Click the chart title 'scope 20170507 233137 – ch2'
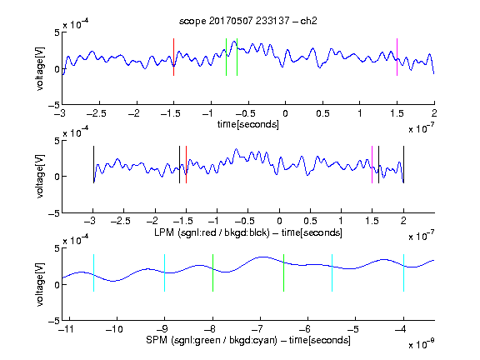tap(248, 21)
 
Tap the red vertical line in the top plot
tap(173, 57)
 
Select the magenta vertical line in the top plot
tap(397, 57)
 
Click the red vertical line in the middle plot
tap(186, 165)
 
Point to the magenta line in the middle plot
tap(372, 165)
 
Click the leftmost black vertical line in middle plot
tap(93, 165)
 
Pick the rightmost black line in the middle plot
tap(403, 165)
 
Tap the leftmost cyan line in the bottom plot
tap(93, 272)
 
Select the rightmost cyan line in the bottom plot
tap(403, 272)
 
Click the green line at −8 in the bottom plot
tap(212, 272)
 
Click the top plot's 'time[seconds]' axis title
tap(248, 124)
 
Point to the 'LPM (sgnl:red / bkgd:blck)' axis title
tap(212, 232)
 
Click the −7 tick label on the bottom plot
tap(258, 329)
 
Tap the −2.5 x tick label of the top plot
tap(97, 113)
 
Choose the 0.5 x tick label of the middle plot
tap(310, 221)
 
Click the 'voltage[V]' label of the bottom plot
tap(40, 284)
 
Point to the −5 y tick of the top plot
tap(54, 105)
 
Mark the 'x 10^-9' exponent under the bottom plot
tap(421, 344)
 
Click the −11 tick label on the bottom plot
tap(67, 329)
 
